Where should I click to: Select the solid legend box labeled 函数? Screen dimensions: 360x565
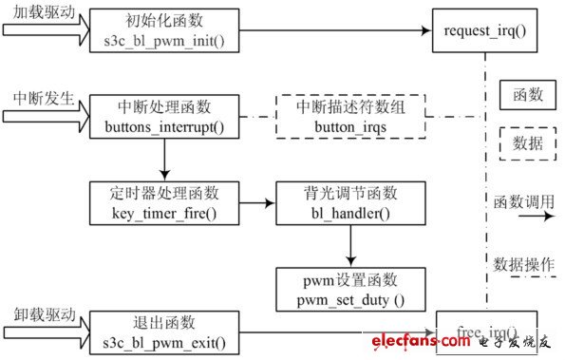tap(528, 95)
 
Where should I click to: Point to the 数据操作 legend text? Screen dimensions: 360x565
tap(523, 263)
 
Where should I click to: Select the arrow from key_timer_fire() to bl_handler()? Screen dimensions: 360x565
tap(256, 202)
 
